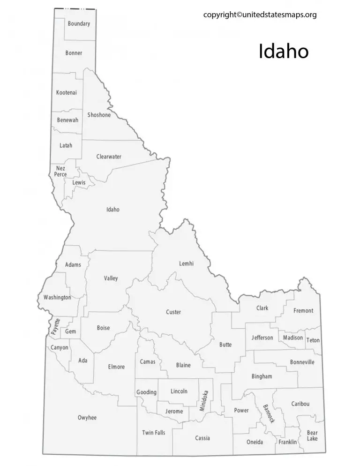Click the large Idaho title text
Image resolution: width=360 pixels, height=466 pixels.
click(x=284, y=52)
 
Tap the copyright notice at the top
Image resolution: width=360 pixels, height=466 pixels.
click(x=260, y=15)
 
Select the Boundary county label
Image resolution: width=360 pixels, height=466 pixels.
click(x=79, y=23)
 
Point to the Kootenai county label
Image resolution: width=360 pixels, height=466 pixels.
click(x=66, y=92)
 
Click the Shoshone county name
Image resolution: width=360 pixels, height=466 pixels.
click(x=99, y=115)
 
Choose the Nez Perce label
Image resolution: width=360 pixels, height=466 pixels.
click(x=60, y=171)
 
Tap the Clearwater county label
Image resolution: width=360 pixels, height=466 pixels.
click(x=109, y=157)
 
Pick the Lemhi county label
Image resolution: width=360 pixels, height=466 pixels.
click(x=186, y=263)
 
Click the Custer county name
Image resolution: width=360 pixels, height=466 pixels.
click(x=173, y=312)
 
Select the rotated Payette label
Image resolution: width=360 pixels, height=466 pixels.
click(x=56, y=326)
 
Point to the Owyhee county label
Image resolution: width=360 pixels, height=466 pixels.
click(x=87, y=417)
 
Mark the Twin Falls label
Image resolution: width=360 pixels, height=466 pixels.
click(x=154, y=432)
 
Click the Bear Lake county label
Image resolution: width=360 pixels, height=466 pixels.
click(x=312, y=436)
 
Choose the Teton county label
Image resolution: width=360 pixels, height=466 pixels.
click(x=313, y=340)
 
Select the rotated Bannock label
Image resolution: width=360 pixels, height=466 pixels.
click(x=269, y=413)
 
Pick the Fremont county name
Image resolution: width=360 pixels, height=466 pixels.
click(x=303, y=310)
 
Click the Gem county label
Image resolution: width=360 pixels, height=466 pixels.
click(x=70, y=331)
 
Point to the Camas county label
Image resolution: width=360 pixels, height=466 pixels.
click(x=148, y=361)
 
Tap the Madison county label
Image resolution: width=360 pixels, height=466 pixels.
click(x=293, y=338)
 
